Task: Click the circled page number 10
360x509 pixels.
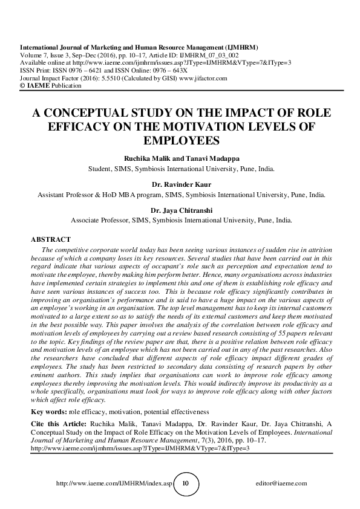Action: pyautogui.click(x=186, y=484)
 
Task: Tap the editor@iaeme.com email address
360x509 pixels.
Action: pyautogui.click(x=282, y=484)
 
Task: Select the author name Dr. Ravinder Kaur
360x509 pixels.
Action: pyautogui.click(x=180, y=185)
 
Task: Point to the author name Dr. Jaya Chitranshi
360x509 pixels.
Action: pyautogui.click(x=180, y=210)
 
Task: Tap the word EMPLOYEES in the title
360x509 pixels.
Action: pyautogui.click(x=180, y=141)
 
